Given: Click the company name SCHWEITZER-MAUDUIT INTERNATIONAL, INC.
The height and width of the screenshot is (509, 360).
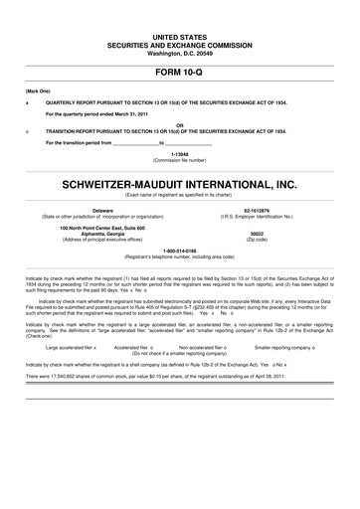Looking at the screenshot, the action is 180,184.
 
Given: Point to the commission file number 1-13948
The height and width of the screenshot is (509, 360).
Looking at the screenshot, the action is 180,154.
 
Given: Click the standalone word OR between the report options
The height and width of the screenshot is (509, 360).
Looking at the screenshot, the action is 180,124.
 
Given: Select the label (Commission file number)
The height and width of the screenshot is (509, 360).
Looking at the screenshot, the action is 180,161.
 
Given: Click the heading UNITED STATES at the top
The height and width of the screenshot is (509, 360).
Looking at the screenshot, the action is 180,36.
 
